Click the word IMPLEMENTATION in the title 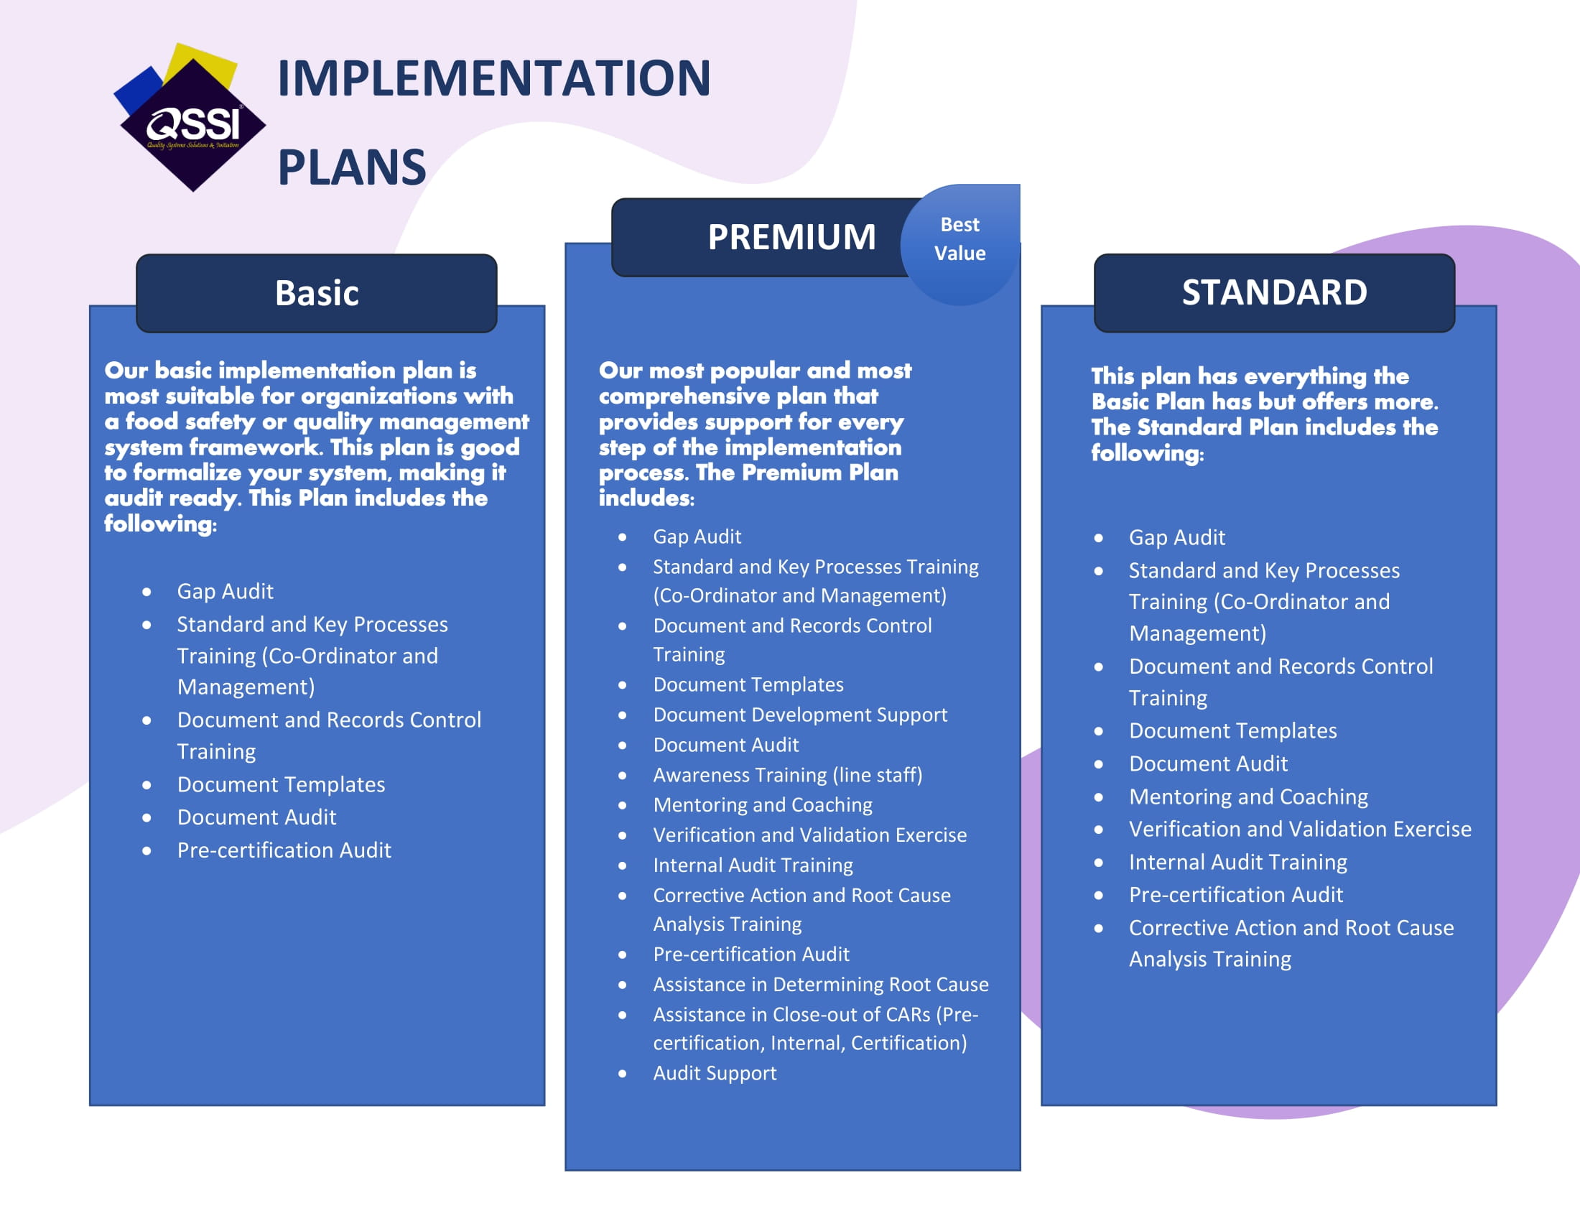[494, 78]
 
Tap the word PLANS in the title [352, 167]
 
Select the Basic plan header [317, 293]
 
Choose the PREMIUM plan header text [791, 236]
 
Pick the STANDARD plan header [1274, 292]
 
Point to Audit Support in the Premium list [715, 1073]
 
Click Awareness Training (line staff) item [788, 775]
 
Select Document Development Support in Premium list [800, 715]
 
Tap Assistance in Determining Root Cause [821, 984]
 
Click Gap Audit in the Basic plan [225, 592]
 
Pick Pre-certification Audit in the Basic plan [284, 850]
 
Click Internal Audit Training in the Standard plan [1238, 862]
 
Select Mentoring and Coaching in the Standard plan [1249, 797]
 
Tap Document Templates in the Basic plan [281, 784]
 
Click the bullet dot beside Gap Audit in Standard [1098, 538]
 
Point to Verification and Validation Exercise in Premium [809, 835]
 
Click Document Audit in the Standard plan [1208, 764]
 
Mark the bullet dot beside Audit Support [622, 1074]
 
